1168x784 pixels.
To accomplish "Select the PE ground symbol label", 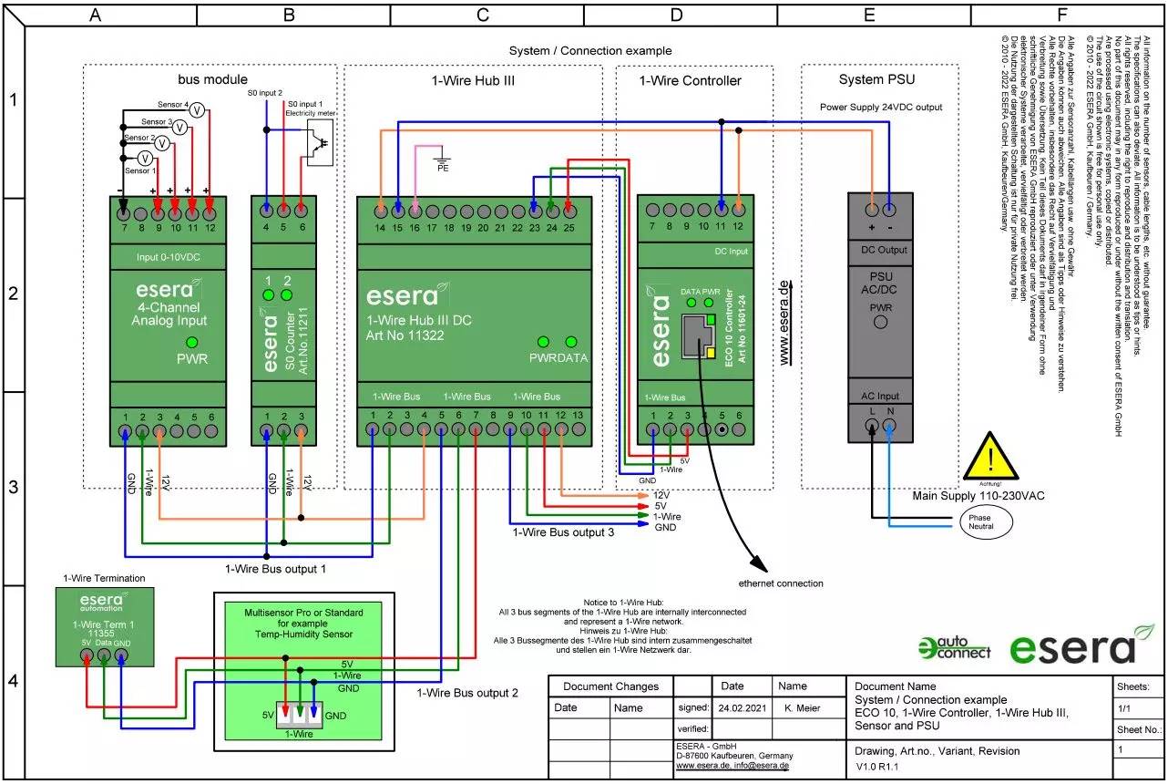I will point(443,168).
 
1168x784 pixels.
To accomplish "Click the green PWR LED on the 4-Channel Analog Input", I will point(192,341).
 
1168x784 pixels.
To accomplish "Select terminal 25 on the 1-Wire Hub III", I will point(569,211).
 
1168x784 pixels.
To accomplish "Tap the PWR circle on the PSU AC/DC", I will point(880,324).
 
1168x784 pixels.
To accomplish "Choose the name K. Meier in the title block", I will point(798,707).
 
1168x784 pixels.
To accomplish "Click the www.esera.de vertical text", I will point(784,323).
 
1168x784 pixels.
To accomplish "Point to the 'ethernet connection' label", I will point(781,583).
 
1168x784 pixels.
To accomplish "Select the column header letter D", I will point(676,15).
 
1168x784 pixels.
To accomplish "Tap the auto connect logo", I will point(954,647).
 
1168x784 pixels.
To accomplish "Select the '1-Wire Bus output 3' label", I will point(562,532).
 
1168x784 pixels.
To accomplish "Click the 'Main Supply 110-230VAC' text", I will point(978,495).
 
